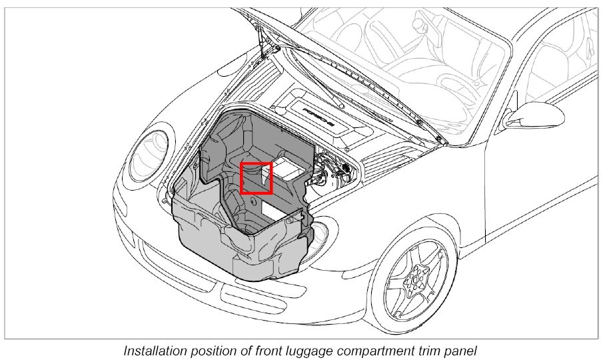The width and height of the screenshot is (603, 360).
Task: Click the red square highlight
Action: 257,178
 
